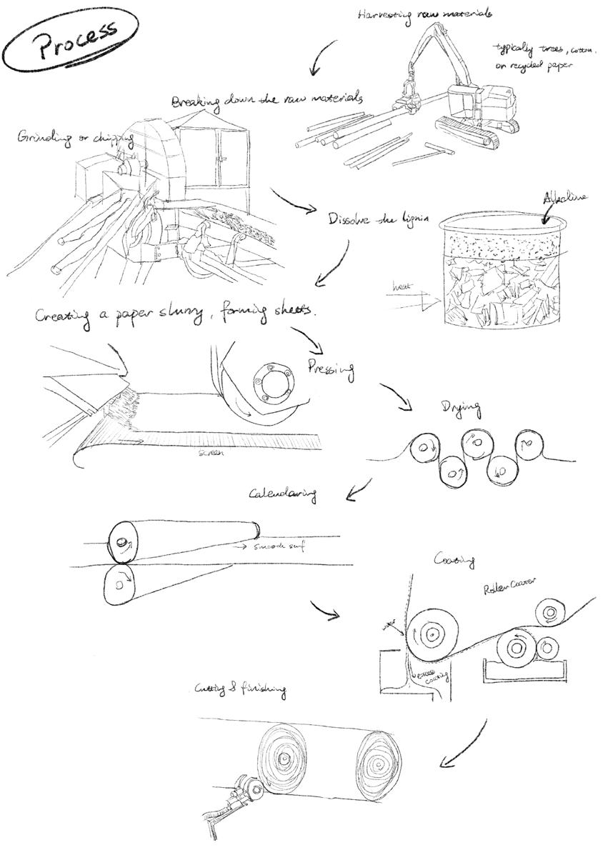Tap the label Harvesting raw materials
[420, 15]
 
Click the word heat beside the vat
[402, 288]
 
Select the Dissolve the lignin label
[378, 220]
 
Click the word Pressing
[332, 369]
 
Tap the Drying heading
[461, 409]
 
